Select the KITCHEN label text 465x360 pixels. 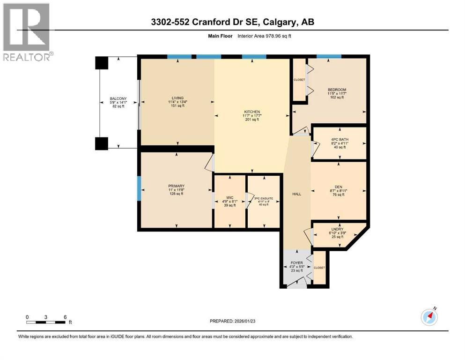tap(251, 112)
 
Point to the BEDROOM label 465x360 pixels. tap(337, 90)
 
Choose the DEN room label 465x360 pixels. tap(338, 186)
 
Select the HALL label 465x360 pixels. tap(297, 194)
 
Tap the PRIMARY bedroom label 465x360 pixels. tap(176, 186)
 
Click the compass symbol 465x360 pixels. tap(429, 317)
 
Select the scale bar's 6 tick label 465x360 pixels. tap(64, 317)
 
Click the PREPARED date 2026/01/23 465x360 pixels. tap(233, 321)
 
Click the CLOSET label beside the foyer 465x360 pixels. tap(319, 268)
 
